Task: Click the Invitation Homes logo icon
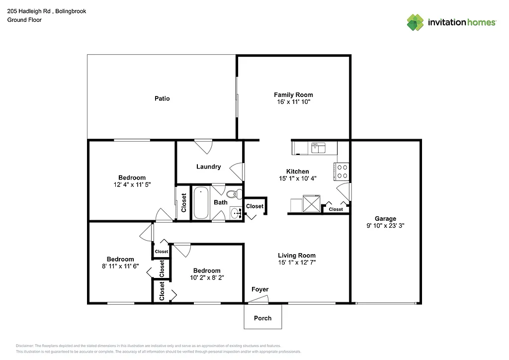[x=415, y=22]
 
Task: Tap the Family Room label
[x=293, y=94]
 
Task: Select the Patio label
[x=162, y=98]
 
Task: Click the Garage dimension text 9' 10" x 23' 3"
[x=385, y=225]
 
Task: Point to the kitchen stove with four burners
[x=342, y=172]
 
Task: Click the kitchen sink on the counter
[x=318, y=148]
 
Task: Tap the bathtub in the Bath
[x=201, y=203]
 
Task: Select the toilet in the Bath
[x=233, y=194]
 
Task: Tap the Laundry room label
[x=208, y=167]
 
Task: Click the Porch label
[x=262, y=318]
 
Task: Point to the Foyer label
[x=260, y=289]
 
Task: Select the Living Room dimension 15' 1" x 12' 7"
[x=297, y=262]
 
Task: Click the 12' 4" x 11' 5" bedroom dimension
[x=132, y=184]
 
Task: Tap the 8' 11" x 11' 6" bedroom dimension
[x=120, y=266]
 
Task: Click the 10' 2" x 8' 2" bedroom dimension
[x=207, y=277]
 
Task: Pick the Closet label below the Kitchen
[x=336, y=209]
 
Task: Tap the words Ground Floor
[x=24, y=20]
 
